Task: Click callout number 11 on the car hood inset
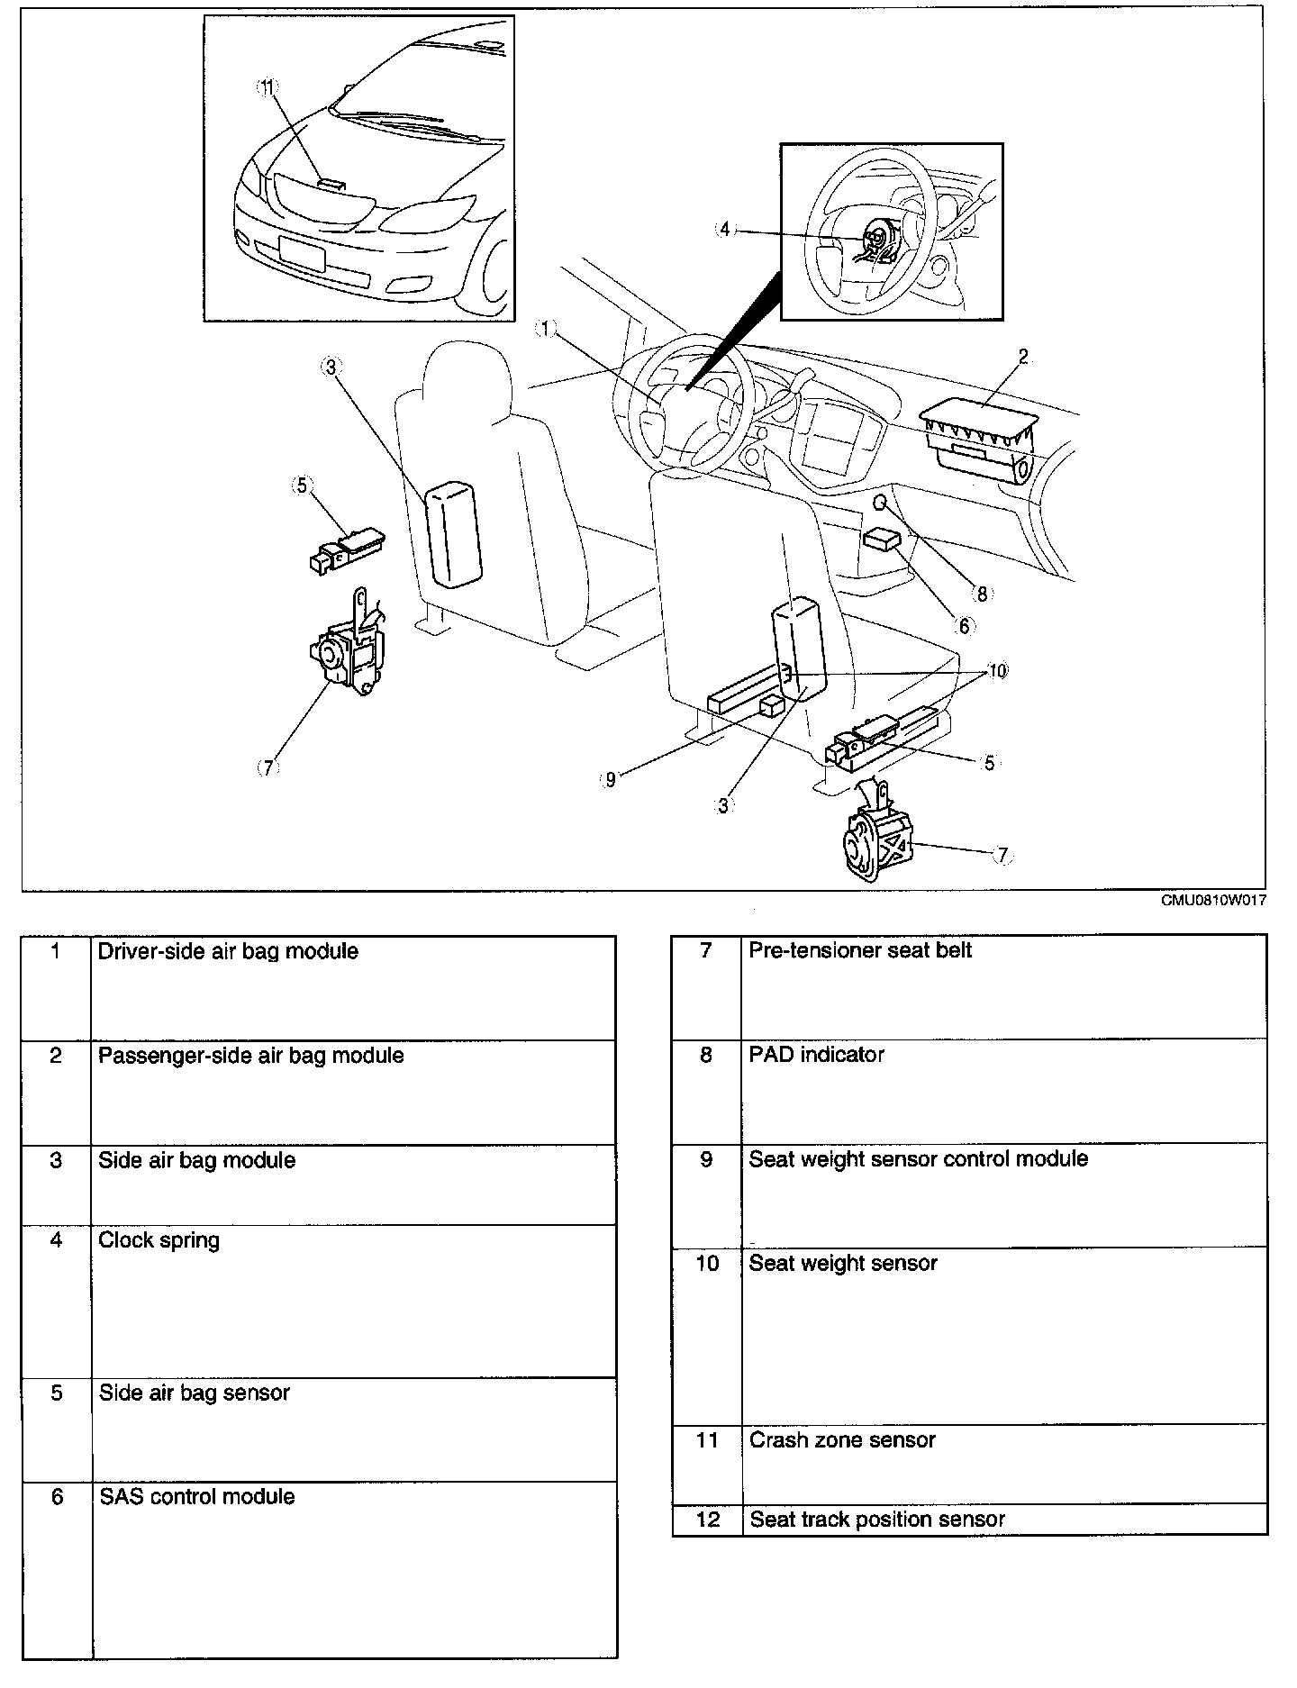268,86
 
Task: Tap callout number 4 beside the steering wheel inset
725,229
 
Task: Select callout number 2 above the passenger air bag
1023,357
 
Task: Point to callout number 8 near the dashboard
981,593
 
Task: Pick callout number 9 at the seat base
610,780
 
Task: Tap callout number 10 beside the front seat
997,671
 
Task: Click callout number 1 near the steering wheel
546,329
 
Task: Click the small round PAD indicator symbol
881,501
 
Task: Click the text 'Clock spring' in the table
159,1240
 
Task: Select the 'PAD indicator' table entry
816,1054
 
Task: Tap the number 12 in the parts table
708,1520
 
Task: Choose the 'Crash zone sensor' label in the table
842,1440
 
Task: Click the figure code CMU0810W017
1212,901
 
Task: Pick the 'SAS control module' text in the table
196,1496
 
